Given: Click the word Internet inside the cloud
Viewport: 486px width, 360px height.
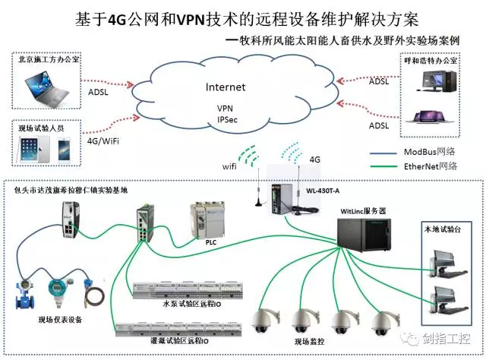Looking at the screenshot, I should [226, 87].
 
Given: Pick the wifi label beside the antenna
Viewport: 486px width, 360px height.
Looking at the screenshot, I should [229, 164].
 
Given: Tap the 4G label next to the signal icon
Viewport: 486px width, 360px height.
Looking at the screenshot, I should [316, 160].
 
